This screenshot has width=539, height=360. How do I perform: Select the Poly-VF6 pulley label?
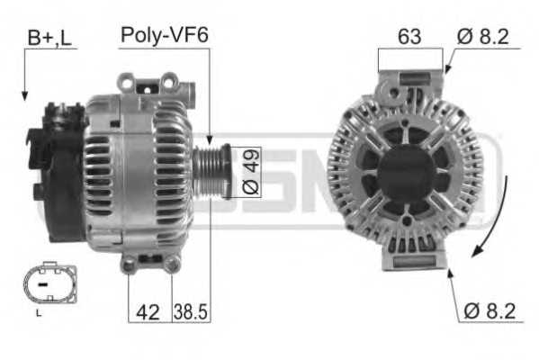[x=164, y=37]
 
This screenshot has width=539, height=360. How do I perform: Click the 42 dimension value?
[x=147, y=311]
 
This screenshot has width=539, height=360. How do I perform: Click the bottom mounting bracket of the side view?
[x=148, y=262]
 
